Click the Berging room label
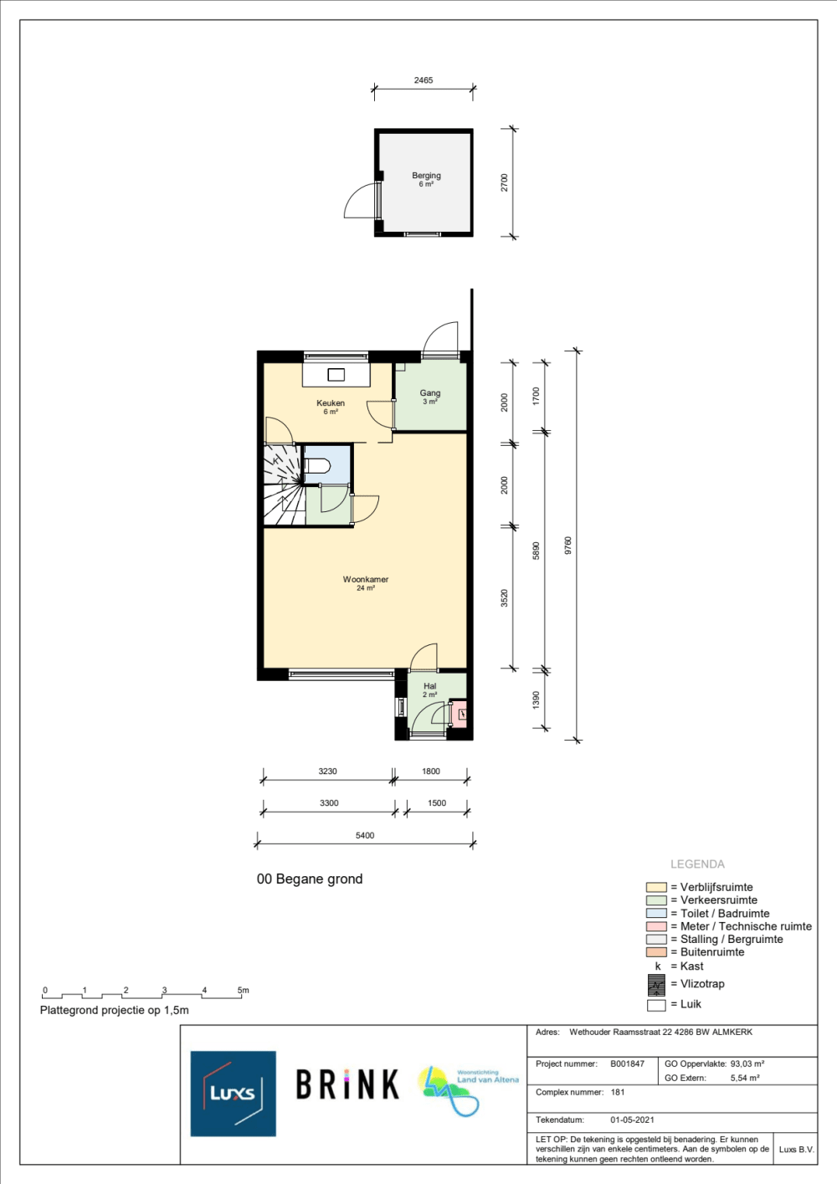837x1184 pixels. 426,176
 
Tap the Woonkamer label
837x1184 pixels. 366,579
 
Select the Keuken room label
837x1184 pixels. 331,403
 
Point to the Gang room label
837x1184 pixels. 430,393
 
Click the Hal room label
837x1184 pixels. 429,686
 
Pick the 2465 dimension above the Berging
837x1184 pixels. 423,80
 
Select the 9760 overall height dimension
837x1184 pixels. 568,546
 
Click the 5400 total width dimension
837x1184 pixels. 365,836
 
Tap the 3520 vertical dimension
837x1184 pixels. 505,597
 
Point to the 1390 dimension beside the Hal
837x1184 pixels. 537,700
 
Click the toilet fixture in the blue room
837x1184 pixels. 318,466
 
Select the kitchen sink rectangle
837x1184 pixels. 336,375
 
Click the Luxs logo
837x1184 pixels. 234,1094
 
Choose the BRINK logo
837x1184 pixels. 347,1084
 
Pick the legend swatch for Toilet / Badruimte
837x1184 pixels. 656,913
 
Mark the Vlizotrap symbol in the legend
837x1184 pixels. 657,985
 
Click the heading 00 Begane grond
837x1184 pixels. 310,879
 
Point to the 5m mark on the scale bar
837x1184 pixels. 244,990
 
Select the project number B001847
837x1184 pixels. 627,1064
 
